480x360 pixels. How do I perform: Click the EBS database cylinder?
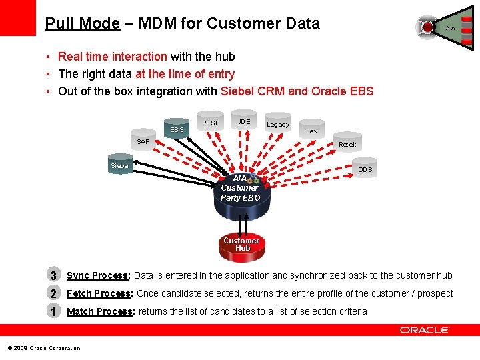tap(177, 129)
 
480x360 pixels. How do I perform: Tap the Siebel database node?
tap(121, 165)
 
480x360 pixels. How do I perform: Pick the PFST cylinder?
tap(210, 122)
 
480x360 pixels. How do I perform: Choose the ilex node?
tap(311, 131)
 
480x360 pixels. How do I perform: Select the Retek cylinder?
tap(347, 143)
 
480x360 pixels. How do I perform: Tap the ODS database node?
tap(365, 169)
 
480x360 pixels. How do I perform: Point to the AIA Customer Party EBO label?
tap(241, 188)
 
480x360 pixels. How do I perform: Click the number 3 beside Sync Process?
tap(53, 275)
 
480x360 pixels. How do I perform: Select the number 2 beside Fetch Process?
tap(53, 293)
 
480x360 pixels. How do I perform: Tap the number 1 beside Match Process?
tap(53, 311)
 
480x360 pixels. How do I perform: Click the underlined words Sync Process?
tap(97, 275)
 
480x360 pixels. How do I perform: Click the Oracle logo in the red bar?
tap(425, 329)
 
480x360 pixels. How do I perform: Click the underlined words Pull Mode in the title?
tap(82, 23)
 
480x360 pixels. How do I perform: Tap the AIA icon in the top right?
tap(440, 27)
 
